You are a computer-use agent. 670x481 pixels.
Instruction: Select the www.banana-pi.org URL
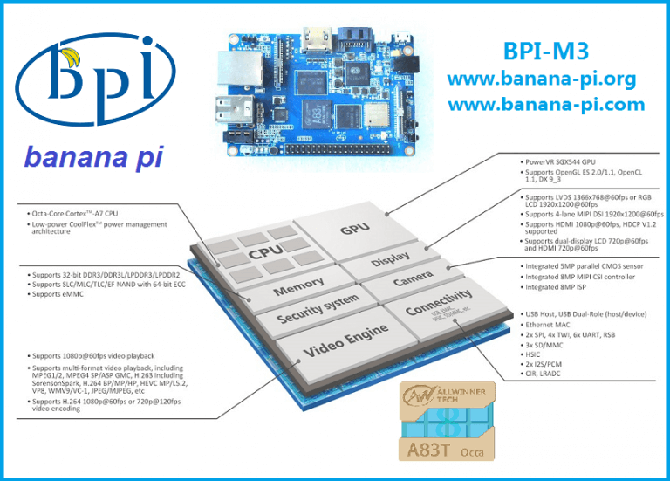coord(541,79)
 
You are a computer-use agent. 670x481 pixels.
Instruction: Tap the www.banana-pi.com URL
coord(546,105)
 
